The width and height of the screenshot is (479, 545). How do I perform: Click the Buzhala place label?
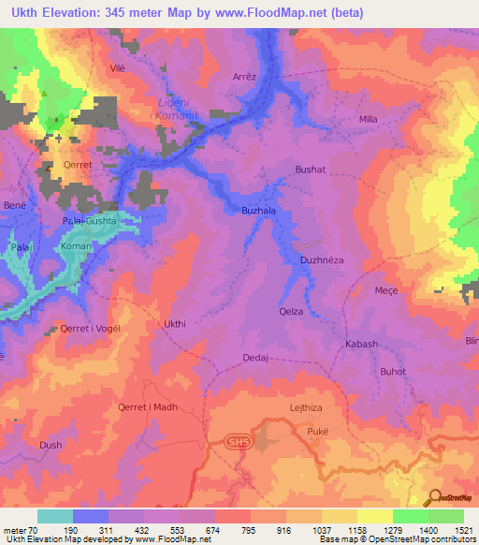[259, 211]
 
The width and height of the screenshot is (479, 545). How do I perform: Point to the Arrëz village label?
[243, 79]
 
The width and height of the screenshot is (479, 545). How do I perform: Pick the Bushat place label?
[310, 169]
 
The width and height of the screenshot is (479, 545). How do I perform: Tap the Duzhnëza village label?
[324, 258]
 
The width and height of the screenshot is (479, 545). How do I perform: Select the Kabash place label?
[361, 344]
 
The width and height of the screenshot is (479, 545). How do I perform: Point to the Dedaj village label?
[255, 358]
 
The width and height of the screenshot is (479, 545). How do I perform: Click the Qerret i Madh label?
[147, 407]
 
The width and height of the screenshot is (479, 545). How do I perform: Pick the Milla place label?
[369, 120]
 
